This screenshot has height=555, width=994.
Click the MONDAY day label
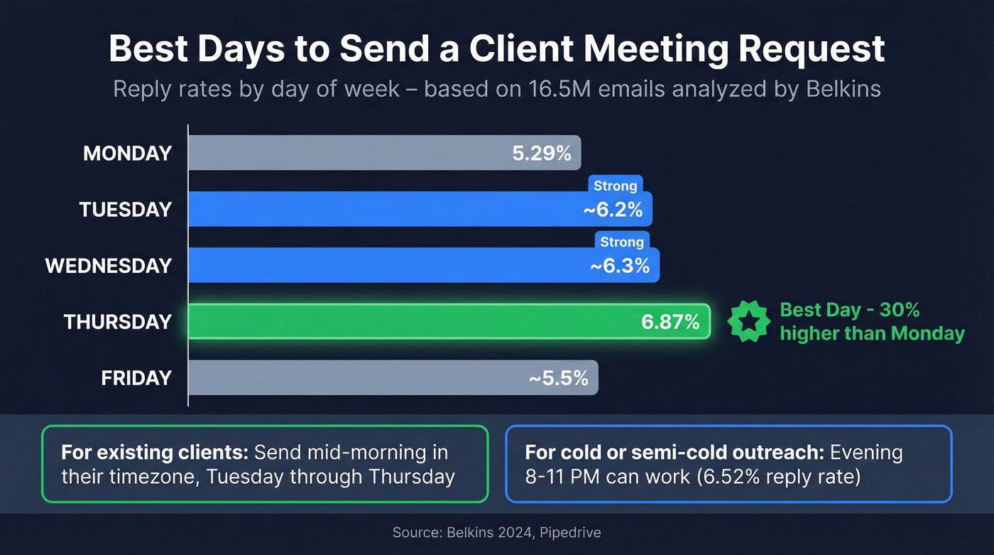(128, 153)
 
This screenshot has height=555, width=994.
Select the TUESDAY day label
(126, 210)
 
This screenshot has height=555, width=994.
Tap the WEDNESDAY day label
(109, 266)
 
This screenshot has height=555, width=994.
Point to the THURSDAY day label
(118, 322)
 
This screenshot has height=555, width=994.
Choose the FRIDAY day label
(136, 378)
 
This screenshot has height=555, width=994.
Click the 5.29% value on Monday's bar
(542, 153)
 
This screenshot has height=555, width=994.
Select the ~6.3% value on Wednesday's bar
(620, 266)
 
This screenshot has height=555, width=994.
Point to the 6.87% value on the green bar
(670, 322)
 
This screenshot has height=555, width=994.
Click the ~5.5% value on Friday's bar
(558, 378)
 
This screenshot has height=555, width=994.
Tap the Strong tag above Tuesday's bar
(615, 185)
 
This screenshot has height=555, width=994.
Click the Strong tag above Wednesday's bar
(622, 242)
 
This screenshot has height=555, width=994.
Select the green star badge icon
(748, 322)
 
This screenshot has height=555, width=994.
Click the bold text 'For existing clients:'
(154, 453)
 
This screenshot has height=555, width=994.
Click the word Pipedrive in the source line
(567, 532)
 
